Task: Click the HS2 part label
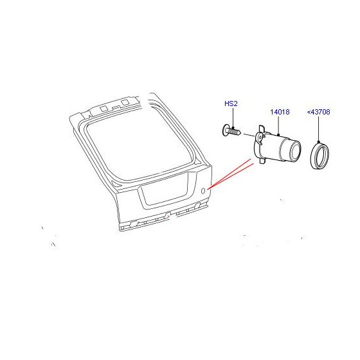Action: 231,104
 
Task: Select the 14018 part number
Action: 280,112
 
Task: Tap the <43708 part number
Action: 318,112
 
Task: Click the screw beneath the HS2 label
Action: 231,131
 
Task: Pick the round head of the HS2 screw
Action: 226,130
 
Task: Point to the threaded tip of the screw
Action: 239,132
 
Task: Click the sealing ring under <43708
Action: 319,156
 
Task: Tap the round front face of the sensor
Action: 295,152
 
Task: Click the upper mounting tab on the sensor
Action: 262,129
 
